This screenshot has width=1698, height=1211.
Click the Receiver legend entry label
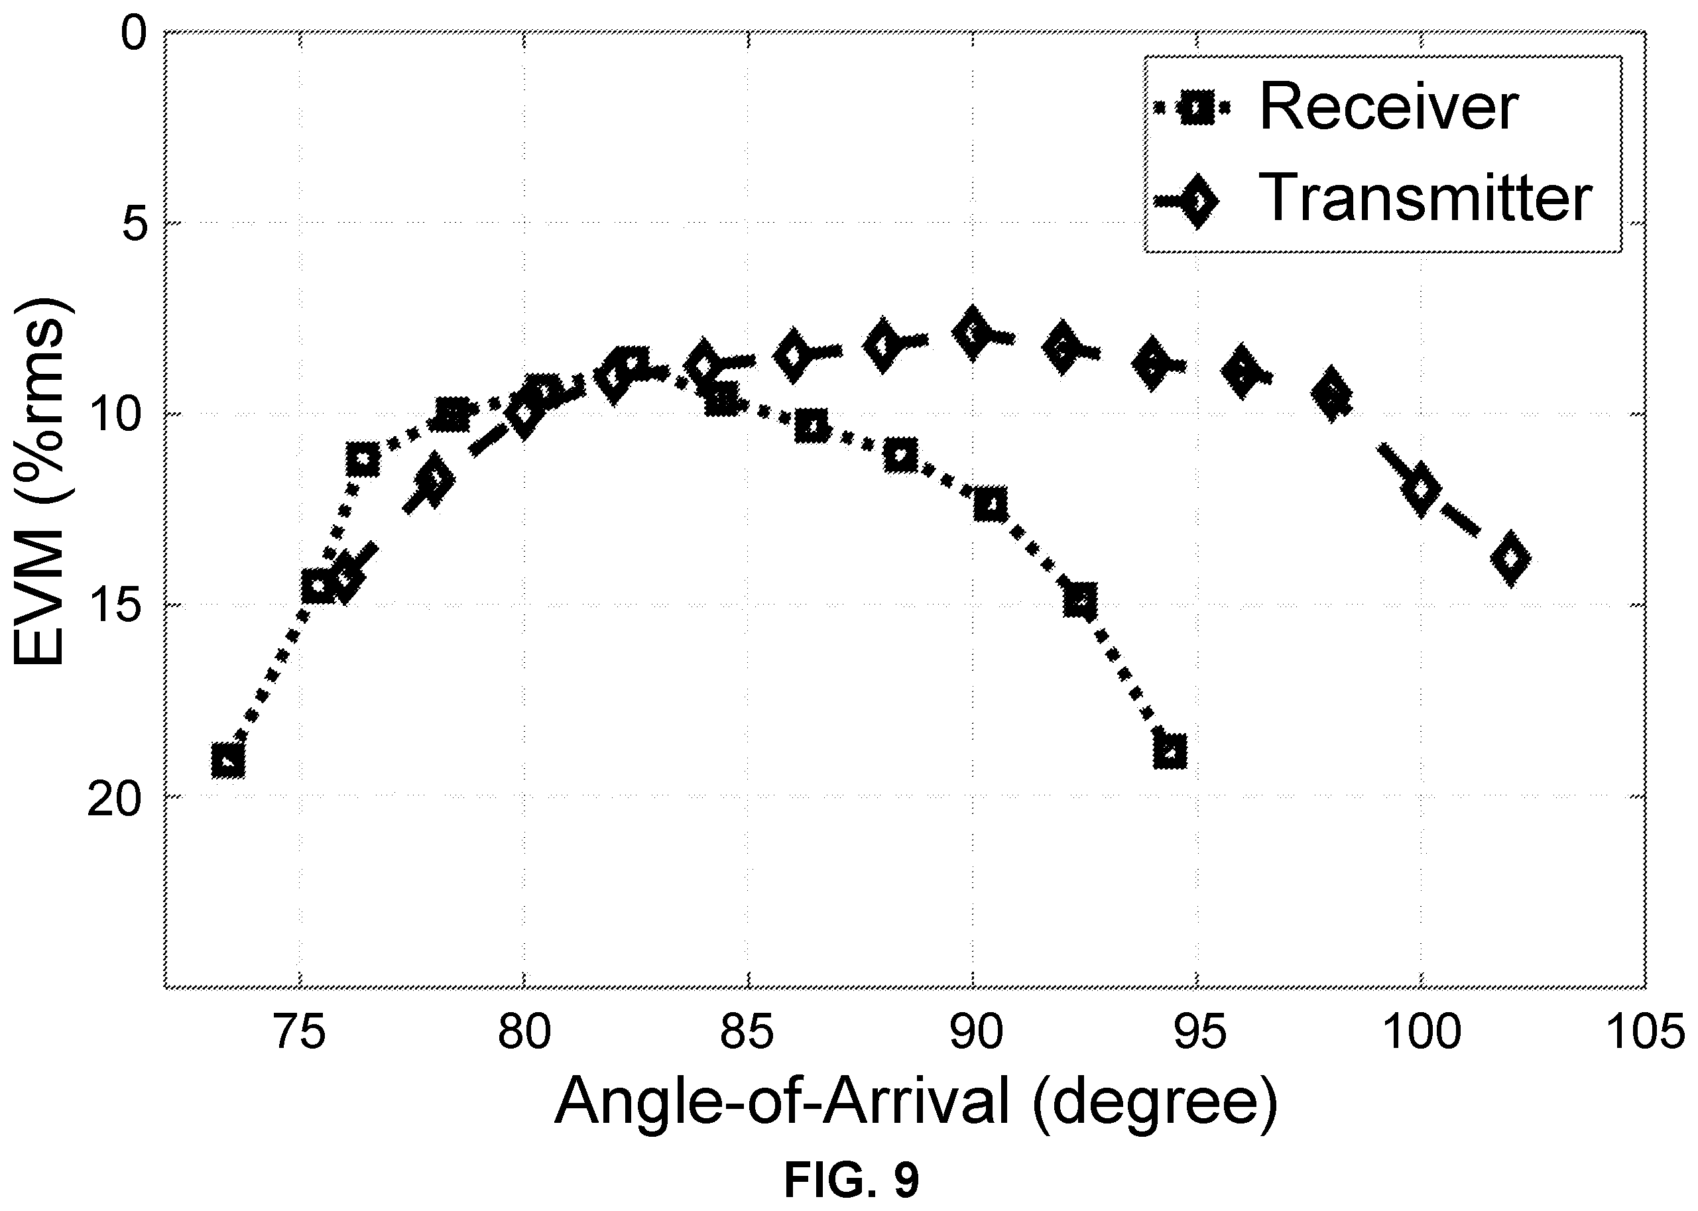point(1389,107)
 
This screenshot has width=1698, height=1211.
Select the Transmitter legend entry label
point(1425,198)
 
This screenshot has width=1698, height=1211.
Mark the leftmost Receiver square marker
point(228,761)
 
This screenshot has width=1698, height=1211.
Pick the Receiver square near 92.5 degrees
point(1081,601)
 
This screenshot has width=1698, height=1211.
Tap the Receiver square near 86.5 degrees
point(812,427)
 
